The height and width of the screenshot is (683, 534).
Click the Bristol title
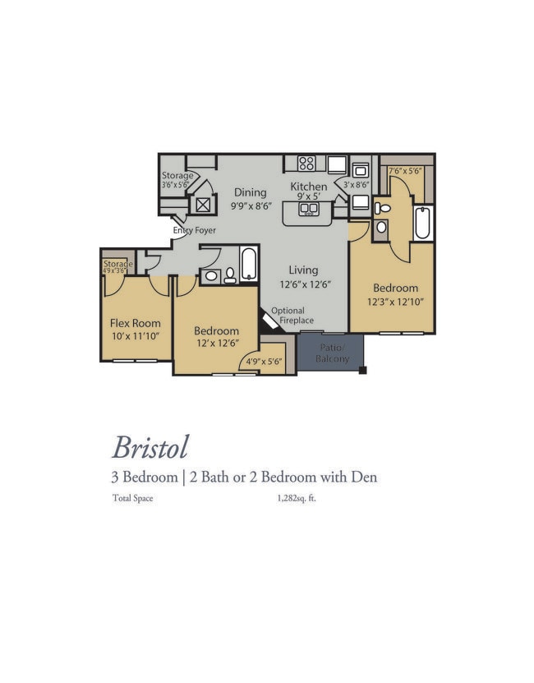coord(150,447)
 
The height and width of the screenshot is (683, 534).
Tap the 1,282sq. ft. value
coord(297,498)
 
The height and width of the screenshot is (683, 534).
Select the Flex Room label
coord(135,323)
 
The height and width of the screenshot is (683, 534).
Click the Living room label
coord(303,270)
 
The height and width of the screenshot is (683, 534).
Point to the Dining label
coord(250,192)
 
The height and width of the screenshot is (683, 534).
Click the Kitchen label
coord(309,187)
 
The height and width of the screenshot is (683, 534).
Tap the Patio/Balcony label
coord(333,353)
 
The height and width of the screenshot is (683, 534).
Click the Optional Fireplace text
coord(292,316)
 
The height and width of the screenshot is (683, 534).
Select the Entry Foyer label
coord(194,230)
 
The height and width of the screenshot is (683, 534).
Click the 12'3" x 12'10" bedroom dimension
coord(395,302)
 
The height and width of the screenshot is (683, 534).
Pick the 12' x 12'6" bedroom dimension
coord(218,344)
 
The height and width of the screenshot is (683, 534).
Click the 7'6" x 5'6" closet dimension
coord(405,171)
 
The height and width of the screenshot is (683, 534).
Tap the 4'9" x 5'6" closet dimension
coord(264,362)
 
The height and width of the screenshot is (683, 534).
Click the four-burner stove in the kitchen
coord(306,164)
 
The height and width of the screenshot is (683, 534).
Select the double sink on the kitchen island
coord(308,209)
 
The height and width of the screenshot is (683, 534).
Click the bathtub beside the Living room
coord(250,264)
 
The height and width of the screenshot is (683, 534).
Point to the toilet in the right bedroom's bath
coord(382,208)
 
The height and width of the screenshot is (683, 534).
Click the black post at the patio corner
coord(362,371)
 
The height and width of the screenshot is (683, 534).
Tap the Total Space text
coord(133,498)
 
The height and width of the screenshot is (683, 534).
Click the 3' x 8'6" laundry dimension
coord(356,185)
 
